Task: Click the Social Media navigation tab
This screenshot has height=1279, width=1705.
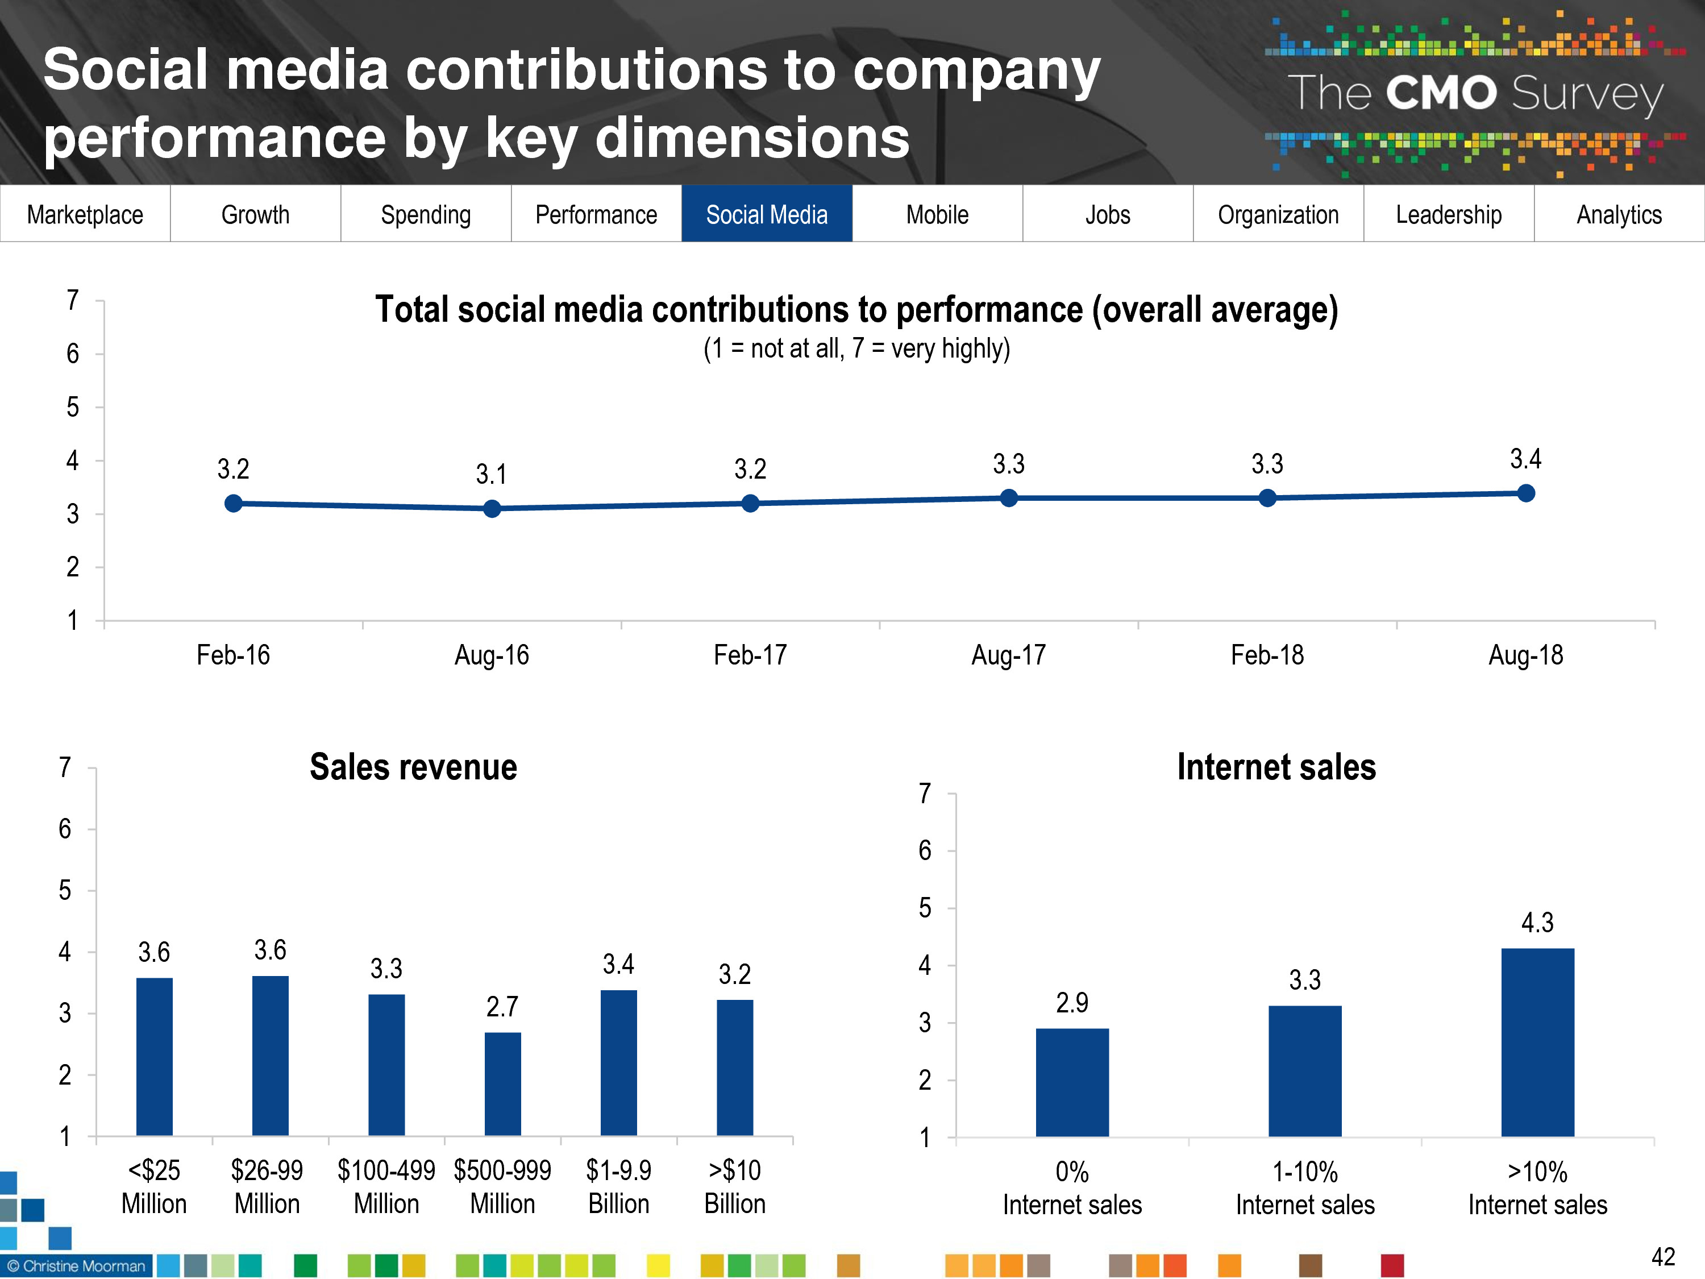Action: (766, 214)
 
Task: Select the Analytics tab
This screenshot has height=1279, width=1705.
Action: (1619, 214)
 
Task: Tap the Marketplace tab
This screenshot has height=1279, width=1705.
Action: (85, 214)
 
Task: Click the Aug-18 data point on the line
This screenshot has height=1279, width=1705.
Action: (1525, 493)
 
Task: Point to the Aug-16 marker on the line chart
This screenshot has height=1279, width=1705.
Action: (492, 509)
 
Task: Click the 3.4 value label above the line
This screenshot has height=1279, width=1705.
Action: (1525, 459)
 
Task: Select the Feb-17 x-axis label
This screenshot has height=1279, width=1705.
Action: (750, 655)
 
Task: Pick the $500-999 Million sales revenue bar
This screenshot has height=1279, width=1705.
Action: (502, 1083)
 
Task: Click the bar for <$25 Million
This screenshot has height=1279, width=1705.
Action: (154, 1056)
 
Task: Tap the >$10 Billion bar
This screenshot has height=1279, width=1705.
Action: (734, 1068)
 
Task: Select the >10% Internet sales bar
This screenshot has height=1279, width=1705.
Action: (1537, 1043)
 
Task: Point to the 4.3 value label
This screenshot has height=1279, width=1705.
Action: (1537, 923)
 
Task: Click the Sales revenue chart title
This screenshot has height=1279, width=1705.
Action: (413, 767)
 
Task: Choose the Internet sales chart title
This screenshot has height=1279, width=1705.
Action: (1276, 767)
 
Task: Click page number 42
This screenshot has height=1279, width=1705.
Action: (1662, 1257)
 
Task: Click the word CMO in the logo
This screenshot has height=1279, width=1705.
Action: (1441, 93)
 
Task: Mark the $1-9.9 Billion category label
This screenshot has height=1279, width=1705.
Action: (618, 1187)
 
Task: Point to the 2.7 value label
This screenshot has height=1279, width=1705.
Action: (502, 1007)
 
